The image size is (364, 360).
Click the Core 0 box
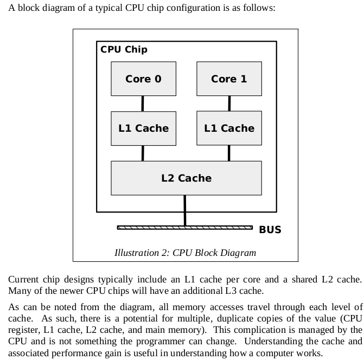click(143, 79)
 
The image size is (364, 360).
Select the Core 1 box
click(229, 79)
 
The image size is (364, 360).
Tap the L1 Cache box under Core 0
click(143, 128)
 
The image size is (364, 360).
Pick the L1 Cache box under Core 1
click(229, 128)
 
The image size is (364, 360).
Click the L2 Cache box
click(187, 178)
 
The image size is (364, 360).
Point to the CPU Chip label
click(124, 50)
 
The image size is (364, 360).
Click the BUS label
click(270, 230)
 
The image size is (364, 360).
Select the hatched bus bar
click(185, 228)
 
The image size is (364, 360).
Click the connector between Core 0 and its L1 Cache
click(143, 104)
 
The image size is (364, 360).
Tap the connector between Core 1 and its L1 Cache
click(229, 104)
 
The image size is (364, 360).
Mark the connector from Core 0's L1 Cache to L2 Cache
click(143, 153)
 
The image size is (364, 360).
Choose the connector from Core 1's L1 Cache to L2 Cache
click(229, 153)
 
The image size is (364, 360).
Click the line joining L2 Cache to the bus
click(185, 210)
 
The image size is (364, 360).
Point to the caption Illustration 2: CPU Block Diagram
click(185, 253)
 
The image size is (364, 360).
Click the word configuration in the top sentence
click(193, 8)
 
